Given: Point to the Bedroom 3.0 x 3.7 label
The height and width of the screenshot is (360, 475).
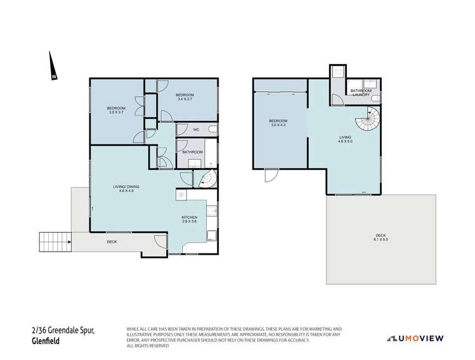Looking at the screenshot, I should coord(116,110).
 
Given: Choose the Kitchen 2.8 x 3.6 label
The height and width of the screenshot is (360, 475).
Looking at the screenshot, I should coord(190,219).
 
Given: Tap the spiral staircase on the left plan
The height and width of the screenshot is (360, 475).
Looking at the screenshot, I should coord(206,180).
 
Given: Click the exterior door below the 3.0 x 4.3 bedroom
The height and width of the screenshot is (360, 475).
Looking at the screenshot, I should coord(271,174).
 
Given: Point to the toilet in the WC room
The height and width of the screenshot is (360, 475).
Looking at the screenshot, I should coord(212,130).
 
